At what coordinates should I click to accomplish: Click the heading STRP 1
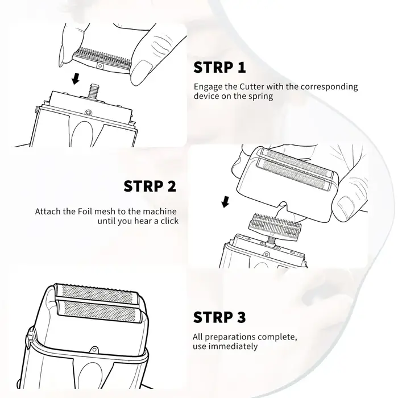coord(219,68)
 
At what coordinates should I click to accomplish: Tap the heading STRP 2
coord(150,186)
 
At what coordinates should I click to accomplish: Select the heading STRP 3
coord(219,317)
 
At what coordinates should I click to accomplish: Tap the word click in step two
coord(169,221)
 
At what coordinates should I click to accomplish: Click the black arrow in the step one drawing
coord(76,78)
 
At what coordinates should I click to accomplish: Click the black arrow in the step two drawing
coord(225,202)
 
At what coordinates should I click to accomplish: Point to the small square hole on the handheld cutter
coord(100,66)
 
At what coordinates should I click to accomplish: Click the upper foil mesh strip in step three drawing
coord(97,294)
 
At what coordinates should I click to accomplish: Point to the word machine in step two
coord(160,212)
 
